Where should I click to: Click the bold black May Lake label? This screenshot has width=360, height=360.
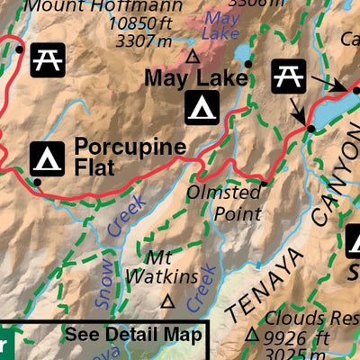(195, 79)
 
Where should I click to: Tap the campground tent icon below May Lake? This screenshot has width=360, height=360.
(200, 109)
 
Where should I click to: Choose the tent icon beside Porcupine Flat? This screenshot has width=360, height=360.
(47, 157)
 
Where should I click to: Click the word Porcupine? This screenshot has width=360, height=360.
(130, 147)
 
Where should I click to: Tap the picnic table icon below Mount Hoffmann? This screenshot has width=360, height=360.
(44, 59)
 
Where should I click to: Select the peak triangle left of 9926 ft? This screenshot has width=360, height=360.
(252, 336)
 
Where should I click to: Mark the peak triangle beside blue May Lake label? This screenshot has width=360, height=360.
(192, 56)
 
